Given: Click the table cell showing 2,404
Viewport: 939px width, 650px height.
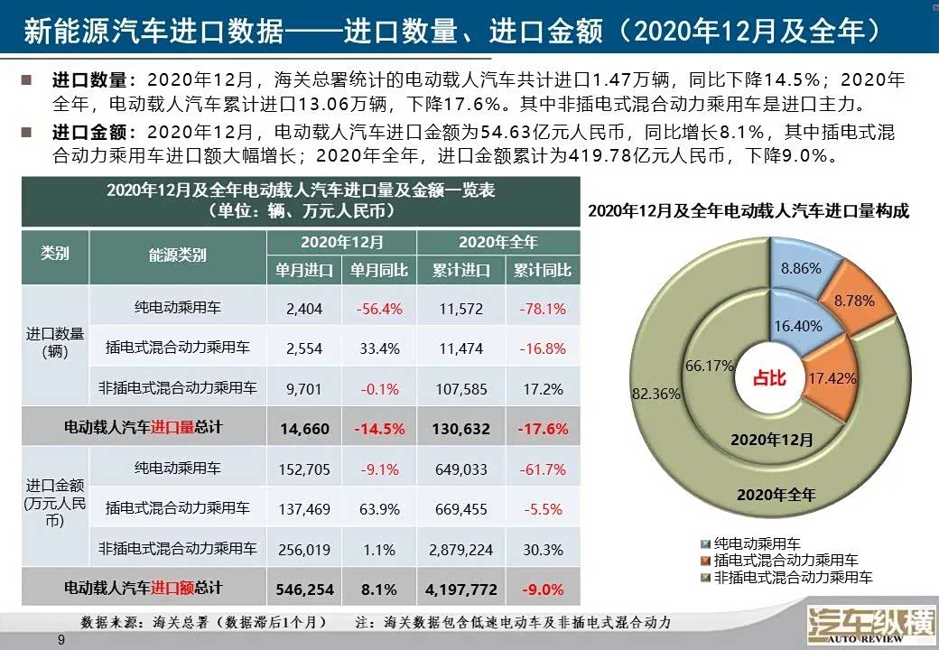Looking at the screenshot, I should (x=303, y=309).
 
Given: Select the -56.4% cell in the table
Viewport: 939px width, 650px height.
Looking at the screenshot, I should (x=378, y=309).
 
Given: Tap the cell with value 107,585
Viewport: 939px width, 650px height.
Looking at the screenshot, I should (x=461, y=389).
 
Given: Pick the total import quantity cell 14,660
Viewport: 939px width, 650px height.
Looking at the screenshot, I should (x=304, y=429).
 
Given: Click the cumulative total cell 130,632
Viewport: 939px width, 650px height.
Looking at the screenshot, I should (x=461, y=429).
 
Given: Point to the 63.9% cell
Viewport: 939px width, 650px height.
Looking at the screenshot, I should (x=379, y=509).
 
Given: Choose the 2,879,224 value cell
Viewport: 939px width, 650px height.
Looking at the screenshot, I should (x=461, y=549).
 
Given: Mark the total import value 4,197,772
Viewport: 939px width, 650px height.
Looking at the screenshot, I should (x=461, y=590).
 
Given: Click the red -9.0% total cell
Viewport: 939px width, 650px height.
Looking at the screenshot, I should (x=543, y=590).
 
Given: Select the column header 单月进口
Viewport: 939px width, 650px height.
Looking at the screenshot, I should (x=304, y=270).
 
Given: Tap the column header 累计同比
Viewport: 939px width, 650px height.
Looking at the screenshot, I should (x=543, y=270).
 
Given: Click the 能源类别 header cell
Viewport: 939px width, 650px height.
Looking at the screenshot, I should (x=177, y=255).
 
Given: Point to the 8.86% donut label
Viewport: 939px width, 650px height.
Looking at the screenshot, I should (x=801, y=268).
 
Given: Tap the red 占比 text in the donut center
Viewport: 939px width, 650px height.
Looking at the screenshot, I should (x=769, y=378).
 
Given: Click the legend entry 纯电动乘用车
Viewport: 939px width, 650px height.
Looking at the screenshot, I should (x=750, y=543).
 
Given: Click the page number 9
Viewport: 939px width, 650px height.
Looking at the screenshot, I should (x=61, y=640).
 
